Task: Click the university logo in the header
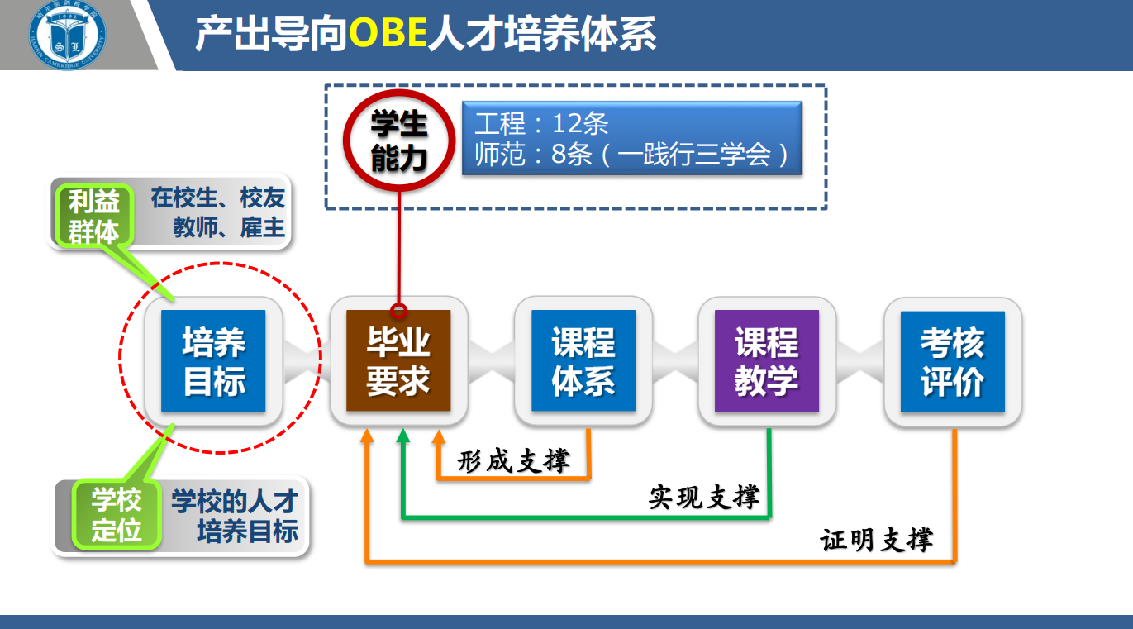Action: (67, 35)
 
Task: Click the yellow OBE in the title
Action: (388, 33)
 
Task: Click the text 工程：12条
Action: (541, 123)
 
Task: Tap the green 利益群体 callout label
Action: (94, 216)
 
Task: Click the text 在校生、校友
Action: (218, 198)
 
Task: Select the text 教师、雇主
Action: (229, 227)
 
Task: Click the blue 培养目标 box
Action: (213, 361)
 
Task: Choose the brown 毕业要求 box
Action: (398, 360)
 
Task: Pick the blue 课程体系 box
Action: (583, 360)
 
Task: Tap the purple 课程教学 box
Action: (767, 361)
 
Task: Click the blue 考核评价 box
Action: (952, 362)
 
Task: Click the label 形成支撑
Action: (513, 461)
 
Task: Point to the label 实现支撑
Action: (704, 497)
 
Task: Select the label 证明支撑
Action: (877, 540)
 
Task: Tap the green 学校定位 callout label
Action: (117, 515)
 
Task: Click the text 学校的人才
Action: (235, 502)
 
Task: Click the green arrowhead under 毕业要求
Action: (403, 436)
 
